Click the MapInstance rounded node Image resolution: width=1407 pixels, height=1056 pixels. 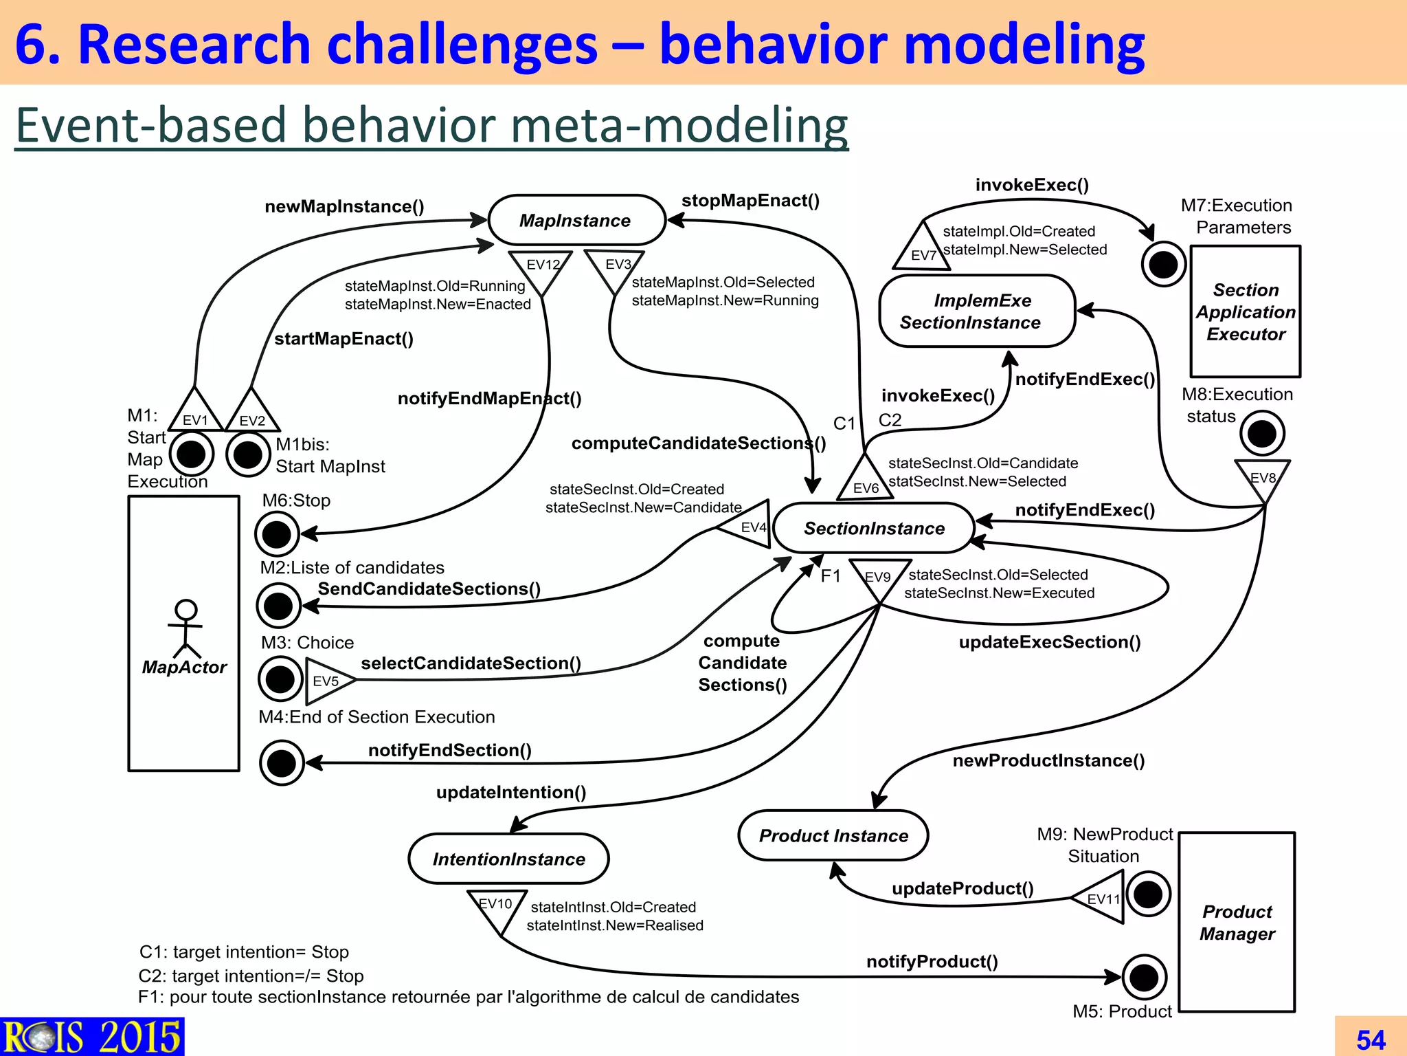[576, 221]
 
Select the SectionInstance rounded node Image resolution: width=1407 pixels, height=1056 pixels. [873, 528]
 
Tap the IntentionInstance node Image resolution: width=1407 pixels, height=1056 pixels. [508, 859]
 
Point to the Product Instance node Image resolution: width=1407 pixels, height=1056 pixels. [833, 835]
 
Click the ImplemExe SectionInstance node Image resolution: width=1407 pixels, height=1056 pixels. [976, 311]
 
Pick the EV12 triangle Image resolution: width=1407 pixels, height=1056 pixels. [541, 268]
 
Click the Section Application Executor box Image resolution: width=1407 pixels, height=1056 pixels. [1245, 311]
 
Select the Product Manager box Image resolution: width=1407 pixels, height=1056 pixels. [1237, 923]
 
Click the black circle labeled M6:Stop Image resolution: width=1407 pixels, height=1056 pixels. [277, 534]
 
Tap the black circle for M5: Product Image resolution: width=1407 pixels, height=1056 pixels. [1144, 977]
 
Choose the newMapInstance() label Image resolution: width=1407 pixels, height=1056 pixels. [344, 206]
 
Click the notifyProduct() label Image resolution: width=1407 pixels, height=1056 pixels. [932, 961]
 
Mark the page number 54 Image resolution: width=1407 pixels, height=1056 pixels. [1371, 1039]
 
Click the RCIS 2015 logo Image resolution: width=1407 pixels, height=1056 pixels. [91, 1037]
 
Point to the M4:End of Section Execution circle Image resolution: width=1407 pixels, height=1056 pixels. [282, 762]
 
